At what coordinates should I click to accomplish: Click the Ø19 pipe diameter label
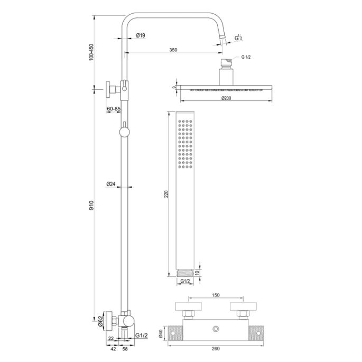click(141, 35)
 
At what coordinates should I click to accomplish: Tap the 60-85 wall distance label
click(113, 109)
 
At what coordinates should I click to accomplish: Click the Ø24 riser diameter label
click(110, 184)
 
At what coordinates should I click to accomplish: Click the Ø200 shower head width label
click(227, 99)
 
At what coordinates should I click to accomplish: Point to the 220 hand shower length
click(167, 193)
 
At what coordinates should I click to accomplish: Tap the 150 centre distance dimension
click(216, 295)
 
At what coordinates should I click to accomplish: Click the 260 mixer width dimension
click(216, 347)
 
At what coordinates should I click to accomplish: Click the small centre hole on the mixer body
click(216, 330)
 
